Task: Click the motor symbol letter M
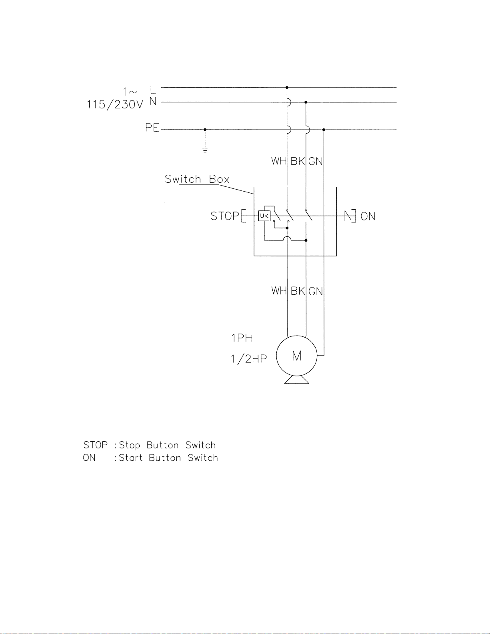[x=297, y=356]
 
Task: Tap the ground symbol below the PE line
[x=205, y=150]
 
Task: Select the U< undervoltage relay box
[x=264, y=216]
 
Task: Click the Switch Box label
[x=197, y=179]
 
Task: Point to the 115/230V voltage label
[x=115, y=104]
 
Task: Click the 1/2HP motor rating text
[x=249, y=358]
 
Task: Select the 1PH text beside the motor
[x=242, y=338]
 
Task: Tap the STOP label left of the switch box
[x=224, y=216]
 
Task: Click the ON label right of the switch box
[x=368, y=216]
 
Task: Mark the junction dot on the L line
[x=287, y=88]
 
